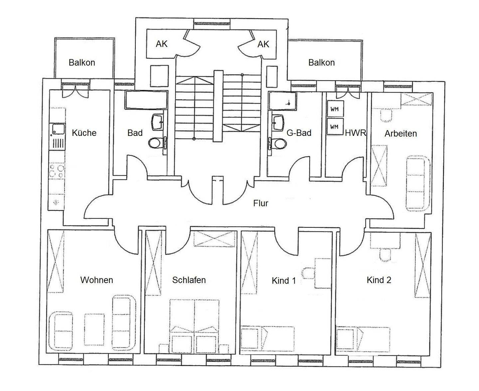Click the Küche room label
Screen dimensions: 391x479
click(x=84, y=133)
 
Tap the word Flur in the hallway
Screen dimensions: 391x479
click(x=260, y=203)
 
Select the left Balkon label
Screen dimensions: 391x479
click(x=82, y=63)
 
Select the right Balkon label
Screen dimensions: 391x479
click(x=321, y=63)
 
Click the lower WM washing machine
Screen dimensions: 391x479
click(x=335, y=127)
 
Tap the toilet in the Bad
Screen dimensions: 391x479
click(x=155, y=143)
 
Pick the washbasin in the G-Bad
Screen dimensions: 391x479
click(x=278, y=122)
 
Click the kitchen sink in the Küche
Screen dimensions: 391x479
click(x=57, y=130)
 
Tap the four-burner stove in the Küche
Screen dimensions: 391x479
click(x=57, y=171)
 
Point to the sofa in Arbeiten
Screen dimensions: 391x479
click(x=418, y=183)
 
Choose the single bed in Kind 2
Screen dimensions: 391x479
click(x=363, y=339)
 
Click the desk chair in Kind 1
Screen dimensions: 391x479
click(x=308, y=272)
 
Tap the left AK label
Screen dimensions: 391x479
click(x=162, y=44)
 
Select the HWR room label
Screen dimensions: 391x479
click(x=355, y=133)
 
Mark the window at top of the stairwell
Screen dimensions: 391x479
click(x=212, y=24)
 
